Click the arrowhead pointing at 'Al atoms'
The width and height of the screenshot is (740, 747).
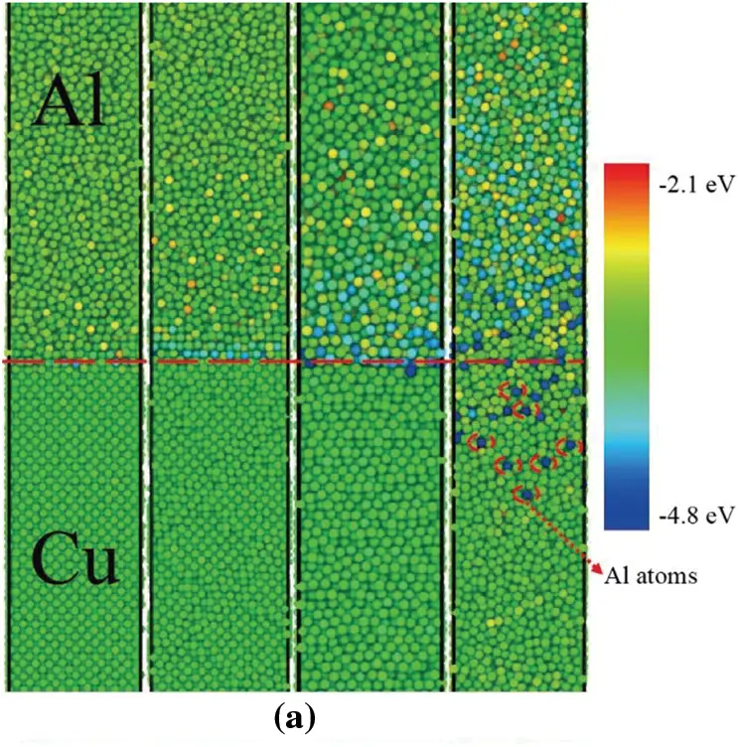pyautogui.click(x=597, y=568)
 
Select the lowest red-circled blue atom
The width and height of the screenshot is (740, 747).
pyautogui.click(x=525, y=493)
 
